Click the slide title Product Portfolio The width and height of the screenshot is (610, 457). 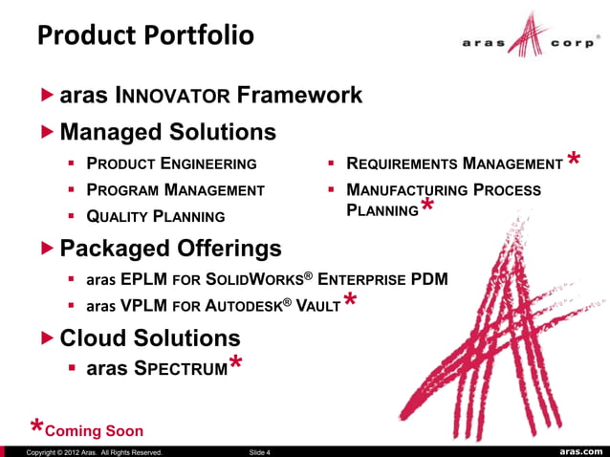[145, 35]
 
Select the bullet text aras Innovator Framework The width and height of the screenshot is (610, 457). [210, 96]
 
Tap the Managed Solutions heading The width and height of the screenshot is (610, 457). [167, 130]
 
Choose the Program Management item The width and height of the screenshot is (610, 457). [175, 189]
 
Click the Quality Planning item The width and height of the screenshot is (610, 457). [156, 216]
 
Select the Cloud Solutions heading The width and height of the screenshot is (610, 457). [150, 338]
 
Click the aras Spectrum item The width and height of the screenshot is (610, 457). [157, 368]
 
